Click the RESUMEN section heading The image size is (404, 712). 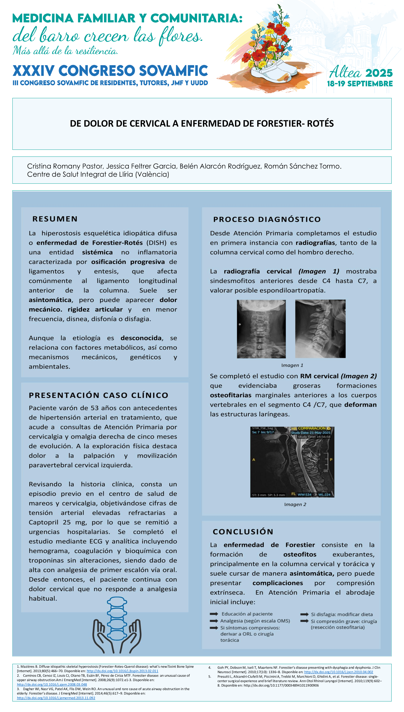pos(55,219)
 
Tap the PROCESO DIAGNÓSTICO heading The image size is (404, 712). pos(267,219)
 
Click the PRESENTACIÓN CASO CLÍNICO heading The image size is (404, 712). pos(99,395)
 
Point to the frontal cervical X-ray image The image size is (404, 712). pos(261,329)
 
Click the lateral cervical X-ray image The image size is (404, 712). pos(320,329)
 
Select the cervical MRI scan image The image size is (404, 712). pos(292,462)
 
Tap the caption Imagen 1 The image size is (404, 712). pos(292,365)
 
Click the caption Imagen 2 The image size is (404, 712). pos(295,504)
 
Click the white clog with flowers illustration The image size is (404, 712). pos(270,71)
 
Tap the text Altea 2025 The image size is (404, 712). pos(361,73)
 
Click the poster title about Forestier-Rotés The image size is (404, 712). pos(202,124)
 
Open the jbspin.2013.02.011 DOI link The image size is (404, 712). pos(122,671)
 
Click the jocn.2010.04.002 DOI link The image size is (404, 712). pos(339,672)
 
